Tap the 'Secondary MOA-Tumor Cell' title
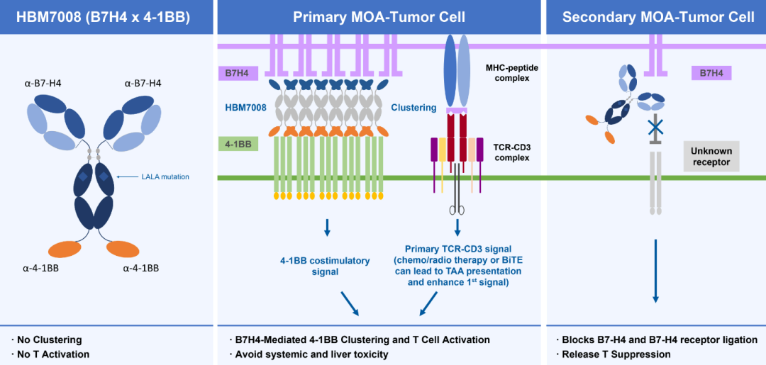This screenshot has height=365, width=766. (658, 16)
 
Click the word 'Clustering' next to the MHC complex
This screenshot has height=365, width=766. (413, 108)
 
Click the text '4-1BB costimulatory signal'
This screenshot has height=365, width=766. (326, 266)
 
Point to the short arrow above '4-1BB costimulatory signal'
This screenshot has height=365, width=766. (327, 227)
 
